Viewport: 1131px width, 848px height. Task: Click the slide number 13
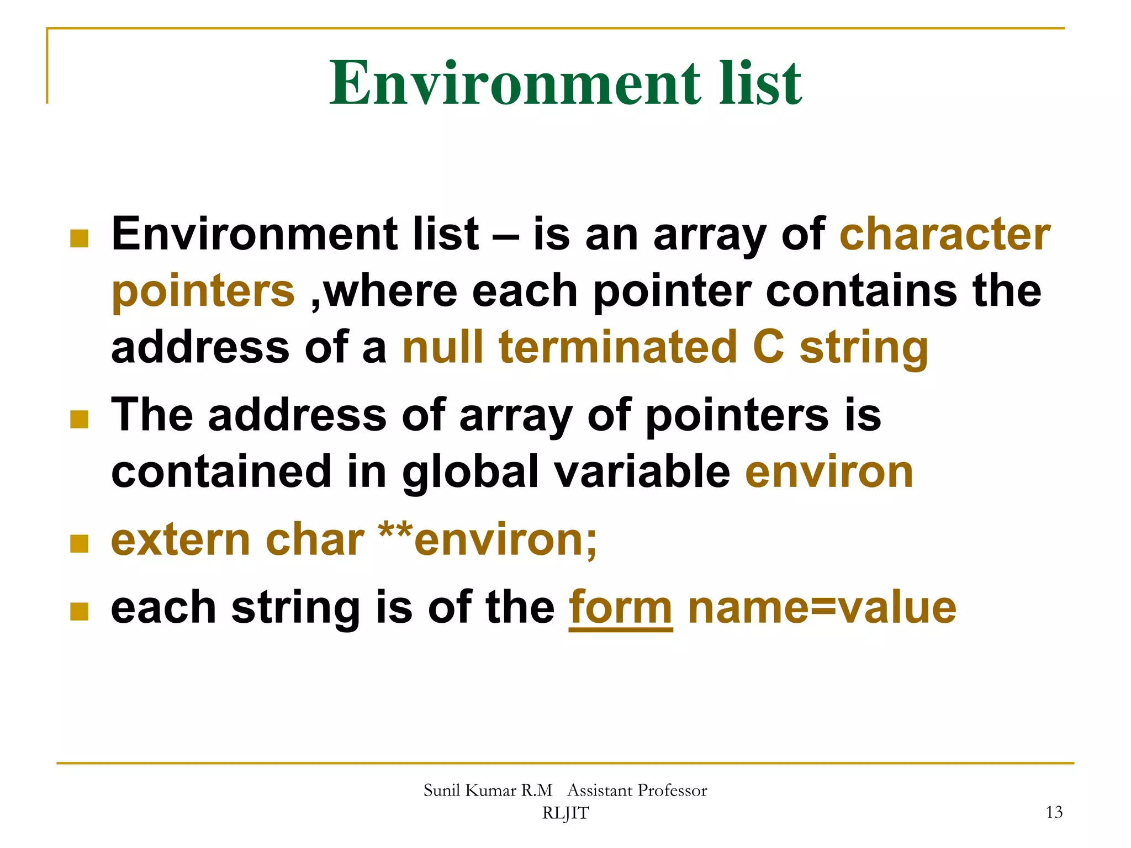click(x=1054, y=812)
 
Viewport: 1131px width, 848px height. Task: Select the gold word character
click(x=945, y=234)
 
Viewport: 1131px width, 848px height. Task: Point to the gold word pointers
click(x=203, y=291)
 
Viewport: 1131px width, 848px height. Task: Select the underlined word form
click(x=621, y=607)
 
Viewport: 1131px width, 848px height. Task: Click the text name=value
click(x=822, y=607)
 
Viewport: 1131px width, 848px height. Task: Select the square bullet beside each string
click(x=80, y=611)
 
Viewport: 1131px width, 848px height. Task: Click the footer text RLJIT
click(x=565, y=813)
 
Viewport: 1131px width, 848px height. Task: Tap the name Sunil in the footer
click(x=442, y=791)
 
